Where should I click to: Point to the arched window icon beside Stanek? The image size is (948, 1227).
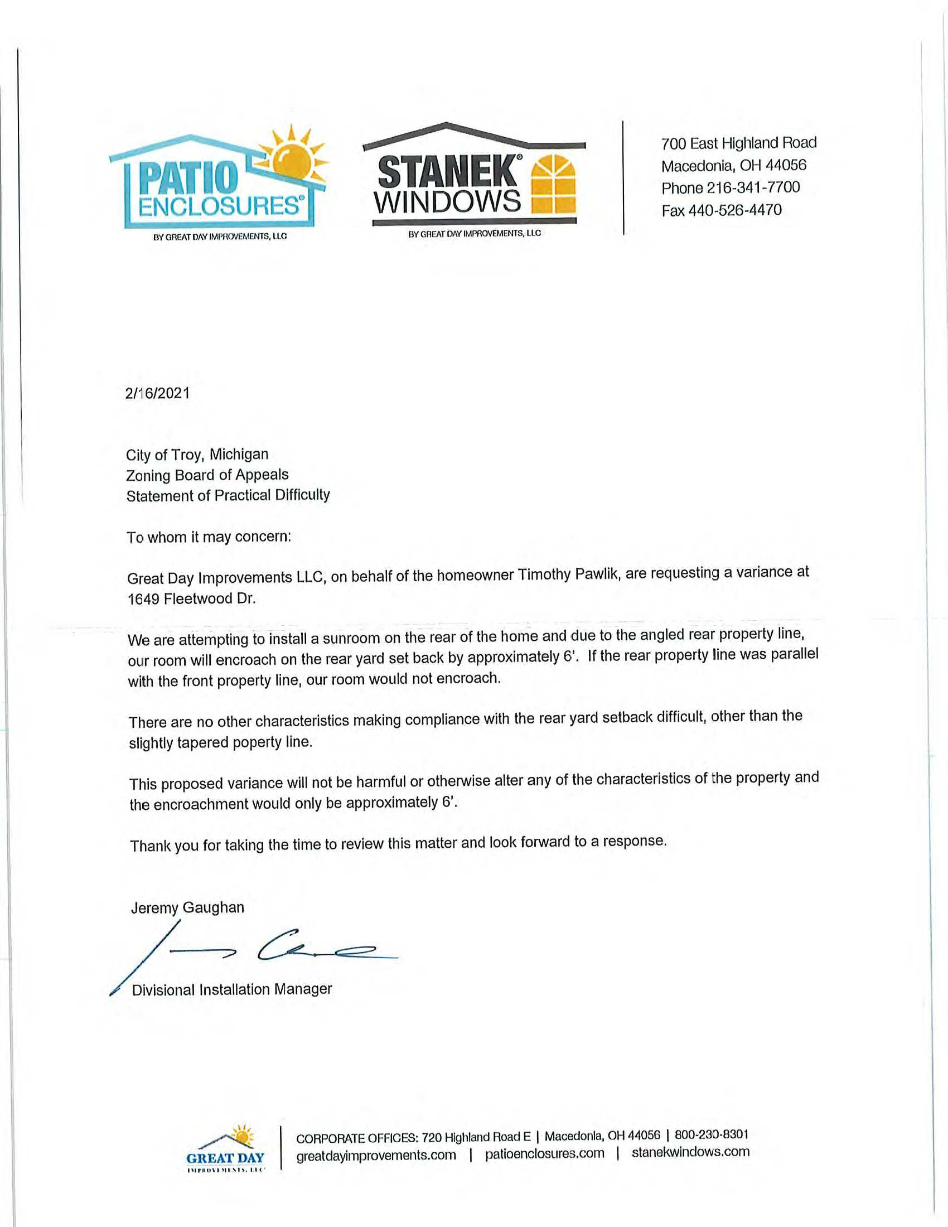tap(553, 185)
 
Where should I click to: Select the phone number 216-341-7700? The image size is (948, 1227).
tap(753, 187)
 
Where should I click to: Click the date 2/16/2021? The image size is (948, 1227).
tap(158, 393)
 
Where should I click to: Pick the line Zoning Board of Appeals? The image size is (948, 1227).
tap(207, 475)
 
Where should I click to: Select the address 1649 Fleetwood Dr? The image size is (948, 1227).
tap(191, 599)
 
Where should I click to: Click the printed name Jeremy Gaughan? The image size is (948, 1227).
tap(187, 908)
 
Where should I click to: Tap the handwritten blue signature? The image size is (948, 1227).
tap(253, 949)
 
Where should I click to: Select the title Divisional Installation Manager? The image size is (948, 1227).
tap(231, 990)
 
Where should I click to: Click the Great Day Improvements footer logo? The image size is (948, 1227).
tap(225, 1148)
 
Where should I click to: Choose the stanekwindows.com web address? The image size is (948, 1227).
tap(690, 1152)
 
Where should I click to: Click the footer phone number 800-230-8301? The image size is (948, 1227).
tap(712, 1134)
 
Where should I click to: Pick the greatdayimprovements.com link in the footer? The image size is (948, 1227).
tap(376, 1155)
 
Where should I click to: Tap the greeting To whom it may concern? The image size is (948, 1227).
tap(209, 537)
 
